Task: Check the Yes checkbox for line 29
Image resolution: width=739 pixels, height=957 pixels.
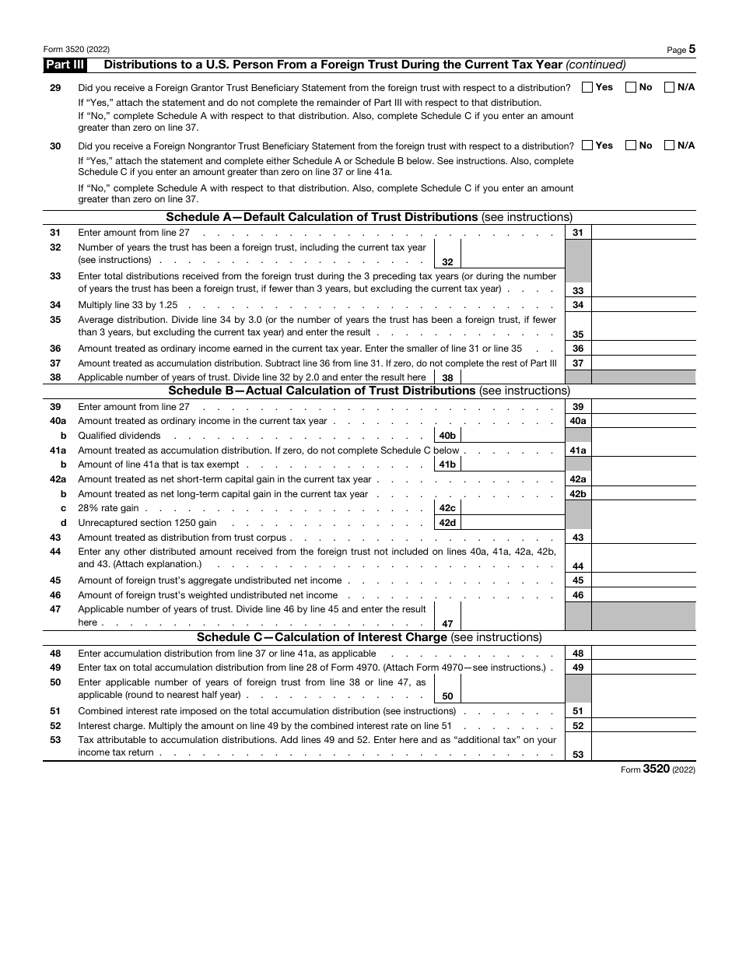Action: (587, 88)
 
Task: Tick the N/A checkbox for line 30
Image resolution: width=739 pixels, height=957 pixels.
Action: (669, 145)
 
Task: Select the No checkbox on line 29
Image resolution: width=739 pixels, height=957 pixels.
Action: (631, 88)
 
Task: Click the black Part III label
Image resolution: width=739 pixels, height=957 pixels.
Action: (65, 65)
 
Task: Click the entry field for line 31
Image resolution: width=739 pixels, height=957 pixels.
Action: (643, 233)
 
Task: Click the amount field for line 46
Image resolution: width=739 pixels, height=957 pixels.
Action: (643, 595)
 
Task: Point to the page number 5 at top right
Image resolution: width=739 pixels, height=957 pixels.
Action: (692, 49)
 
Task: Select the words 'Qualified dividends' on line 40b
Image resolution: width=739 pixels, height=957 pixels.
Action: (119, 436)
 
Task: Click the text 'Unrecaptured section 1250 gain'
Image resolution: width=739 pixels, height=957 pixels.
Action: (147, 523)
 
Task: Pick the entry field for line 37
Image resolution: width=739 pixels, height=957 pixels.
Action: (643, 363)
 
